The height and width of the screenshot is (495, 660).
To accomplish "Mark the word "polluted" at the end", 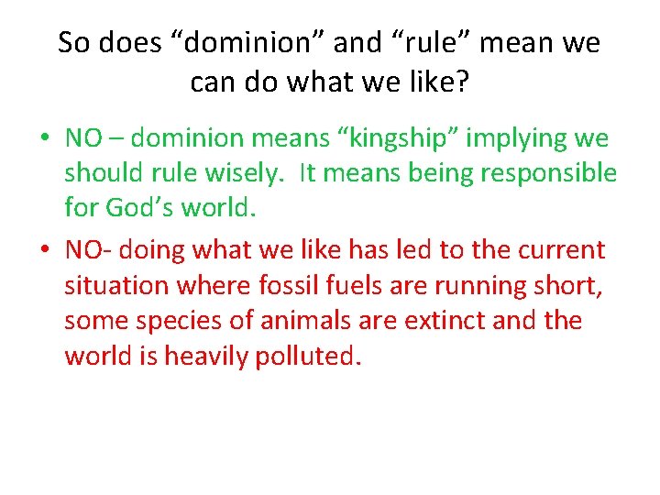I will [x=307, y=356].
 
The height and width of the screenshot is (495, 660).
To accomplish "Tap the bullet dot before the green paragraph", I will [x=43, y=139].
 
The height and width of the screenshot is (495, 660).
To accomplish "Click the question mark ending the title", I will [x=461, y=83].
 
